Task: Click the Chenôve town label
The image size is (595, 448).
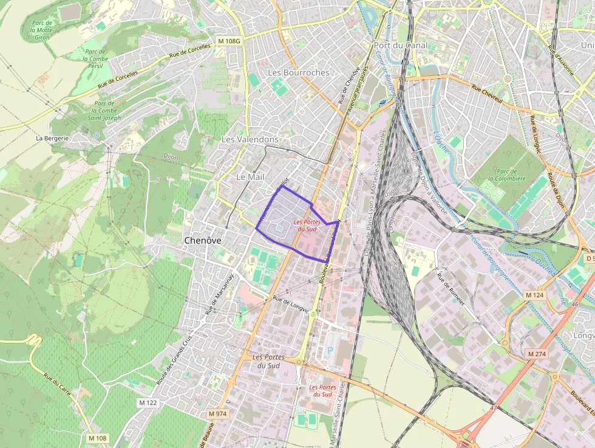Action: point(202,240)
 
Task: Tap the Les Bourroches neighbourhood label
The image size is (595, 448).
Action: point(298,72)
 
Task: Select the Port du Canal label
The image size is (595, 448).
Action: point(401,45)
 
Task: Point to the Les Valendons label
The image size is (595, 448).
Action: point(250,139)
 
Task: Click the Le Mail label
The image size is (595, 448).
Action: point(250,176)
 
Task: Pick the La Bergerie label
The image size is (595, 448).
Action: point(52,138)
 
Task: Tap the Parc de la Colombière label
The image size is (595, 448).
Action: point(507,175)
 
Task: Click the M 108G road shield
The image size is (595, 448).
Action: point(229,41)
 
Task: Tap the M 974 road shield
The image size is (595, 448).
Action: point(217,413)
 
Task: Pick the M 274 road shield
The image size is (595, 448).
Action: point(537,354)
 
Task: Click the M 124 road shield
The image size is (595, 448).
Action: point(534,295)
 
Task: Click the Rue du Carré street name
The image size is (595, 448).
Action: point(57,385)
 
